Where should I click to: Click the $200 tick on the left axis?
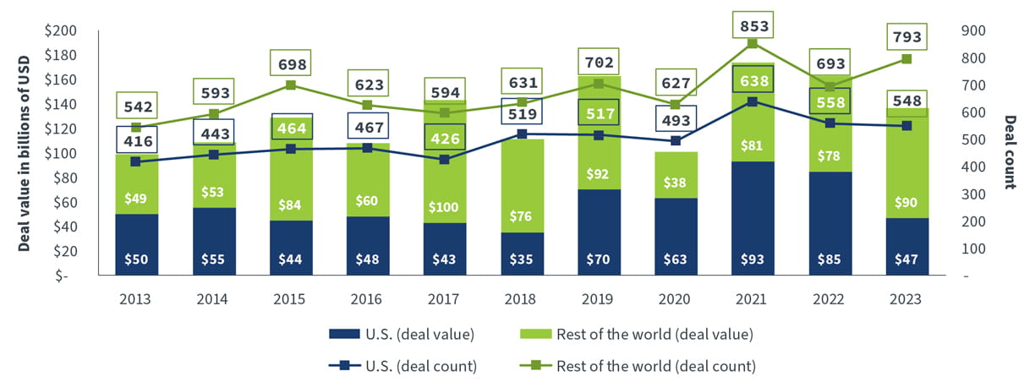pos(61,31)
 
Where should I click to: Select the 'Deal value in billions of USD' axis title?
pos(25,153)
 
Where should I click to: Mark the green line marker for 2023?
pos(906,59)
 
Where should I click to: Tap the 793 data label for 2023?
pos(906,38)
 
